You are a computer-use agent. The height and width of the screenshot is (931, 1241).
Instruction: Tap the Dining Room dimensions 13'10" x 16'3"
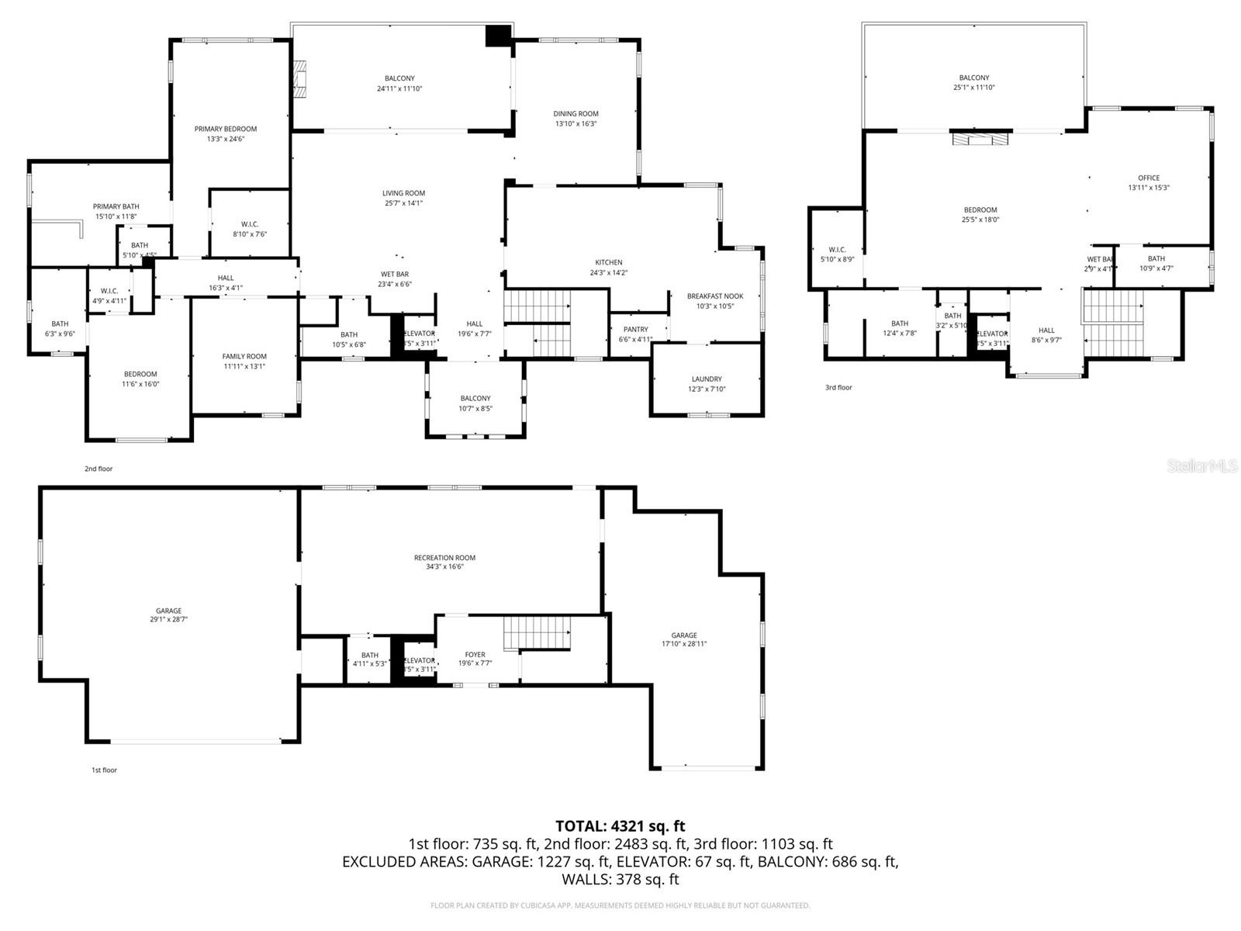(x=576, y=124)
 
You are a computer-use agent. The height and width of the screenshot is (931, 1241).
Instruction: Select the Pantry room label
(x=635, y=330)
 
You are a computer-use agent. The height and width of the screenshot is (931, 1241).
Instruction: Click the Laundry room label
(x=707, y=379)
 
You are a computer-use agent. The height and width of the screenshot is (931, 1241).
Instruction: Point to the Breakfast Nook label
(x=714, y=296)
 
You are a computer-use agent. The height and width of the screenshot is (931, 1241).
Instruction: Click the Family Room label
(x=244, y=357)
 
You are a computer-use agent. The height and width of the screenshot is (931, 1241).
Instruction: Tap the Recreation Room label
(x=444, y=558)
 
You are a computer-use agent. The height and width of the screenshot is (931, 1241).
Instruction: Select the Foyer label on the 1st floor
(x=475, y=655)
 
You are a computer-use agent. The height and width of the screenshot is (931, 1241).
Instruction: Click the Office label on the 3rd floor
(x=1148, y=178)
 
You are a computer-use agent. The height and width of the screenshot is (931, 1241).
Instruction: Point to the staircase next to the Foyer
(x=538, y=633)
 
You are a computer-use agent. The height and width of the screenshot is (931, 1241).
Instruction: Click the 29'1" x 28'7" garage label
(x=168, y=615)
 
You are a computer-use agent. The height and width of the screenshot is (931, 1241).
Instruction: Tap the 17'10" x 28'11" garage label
(x=683, y=640)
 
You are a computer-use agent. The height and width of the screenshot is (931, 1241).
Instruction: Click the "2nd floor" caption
(x=99, y=469)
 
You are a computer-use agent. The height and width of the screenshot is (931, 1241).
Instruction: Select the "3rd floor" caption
(x=838, y=387)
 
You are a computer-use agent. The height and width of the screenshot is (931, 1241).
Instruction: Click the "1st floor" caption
(x=104, y=770)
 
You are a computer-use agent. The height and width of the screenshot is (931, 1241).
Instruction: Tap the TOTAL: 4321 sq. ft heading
(x=620, y=826)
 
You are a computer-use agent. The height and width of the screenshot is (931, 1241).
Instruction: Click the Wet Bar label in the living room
(x=394, y=274)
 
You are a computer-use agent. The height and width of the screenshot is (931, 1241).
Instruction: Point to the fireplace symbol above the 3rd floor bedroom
(x=981, y=140)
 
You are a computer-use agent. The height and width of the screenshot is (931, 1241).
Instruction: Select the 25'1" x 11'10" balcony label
(x=973, y=82)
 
